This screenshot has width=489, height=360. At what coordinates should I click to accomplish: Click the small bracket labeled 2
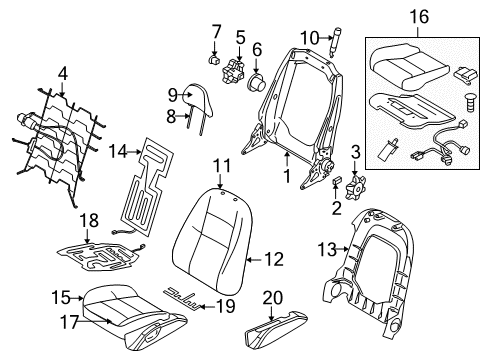point(336,182)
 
